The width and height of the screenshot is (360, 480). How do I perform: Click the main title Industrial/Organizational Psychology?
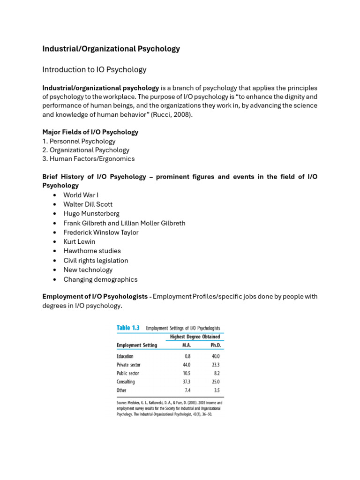[x=111, y=49]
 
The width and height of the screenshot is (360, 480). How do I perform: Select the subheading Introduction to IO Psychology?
[x=94, y=70]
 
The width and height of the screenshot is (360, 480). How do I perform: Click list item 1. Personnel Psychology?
[x=79, y=141]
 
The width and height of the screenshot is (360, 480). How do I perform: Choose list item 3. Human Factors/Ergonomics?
[x=88, y=159]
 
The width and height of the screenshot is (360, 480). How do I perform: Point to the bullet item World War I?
[x=81, y=195]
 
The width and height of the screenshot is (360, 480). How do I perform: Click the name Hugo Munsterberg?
[x=91, y=214]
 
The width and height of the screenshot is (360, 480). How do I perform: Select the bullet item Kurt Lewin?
[x=79, y=242]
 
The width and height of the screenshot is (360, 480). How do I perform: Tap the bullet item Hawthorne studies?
[x=92, y=251]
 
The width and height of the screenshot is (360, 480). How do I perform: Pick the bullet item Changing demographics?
[x=100, y=279]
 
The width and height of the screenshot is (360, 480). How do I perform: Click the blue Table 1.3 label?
[x=128, y=328]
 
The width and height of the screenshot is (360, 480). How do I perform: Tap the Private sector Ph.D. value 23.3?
[x=215, y=365]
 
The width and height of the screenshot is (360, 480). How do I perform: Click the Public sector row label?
[x=128, y=373]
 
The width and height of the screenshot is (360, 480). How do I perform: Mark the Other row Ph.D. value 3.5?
[x=216, y=390]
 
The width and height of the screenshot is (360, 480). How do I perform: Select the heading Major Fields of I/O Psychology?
[x=90, y=132]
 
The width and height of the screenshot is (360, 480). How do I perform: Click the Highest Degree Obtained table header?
[x=195, y=337]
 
